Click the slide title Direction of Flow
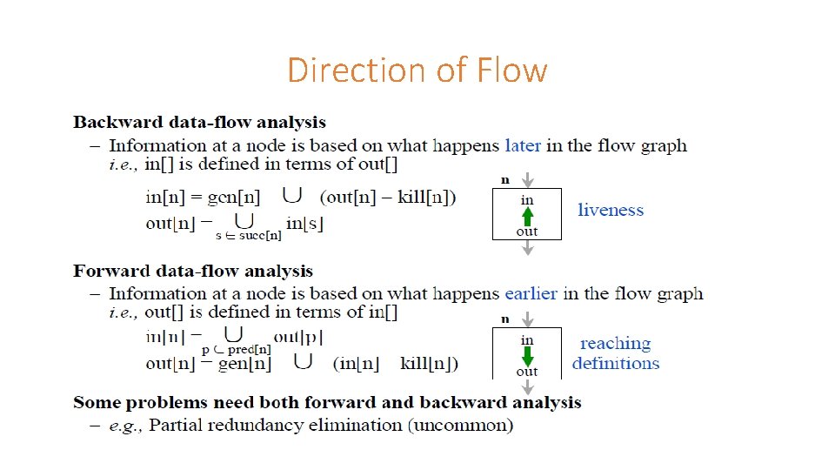pyautogui.click(x=417, y=70)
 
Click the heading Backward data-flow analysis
pyautogui.click(x=200, y=123)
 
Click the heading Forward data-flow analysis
pyautogui.click(x=193, y=271)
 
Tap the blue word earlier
pyautogui.click(x=531, y=293)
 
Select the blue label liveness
pyautogui.click(x=611, y=210)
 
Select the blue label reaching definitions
pyautogui.click(x=616, y=353)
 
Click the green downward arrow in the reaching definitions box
pyautogui.click(x=527, y=356)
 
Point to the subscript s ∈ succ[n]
pyautogui.click(x=248, y=235)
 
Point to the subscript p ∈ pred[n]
pyautogui.click(x=237, y=349)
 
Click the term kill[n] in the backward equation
pyautogui.click(x=424, y=197)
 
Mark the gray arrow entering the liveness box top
pyautogui.click(x=527, y=179)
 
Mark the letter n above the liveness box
pyautogui.click(x=504, y=180)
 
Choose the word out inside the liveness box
pyautogui.click(x=527, y=232)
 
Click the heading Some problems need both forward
pyautogui.click(x=327, y=402)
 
